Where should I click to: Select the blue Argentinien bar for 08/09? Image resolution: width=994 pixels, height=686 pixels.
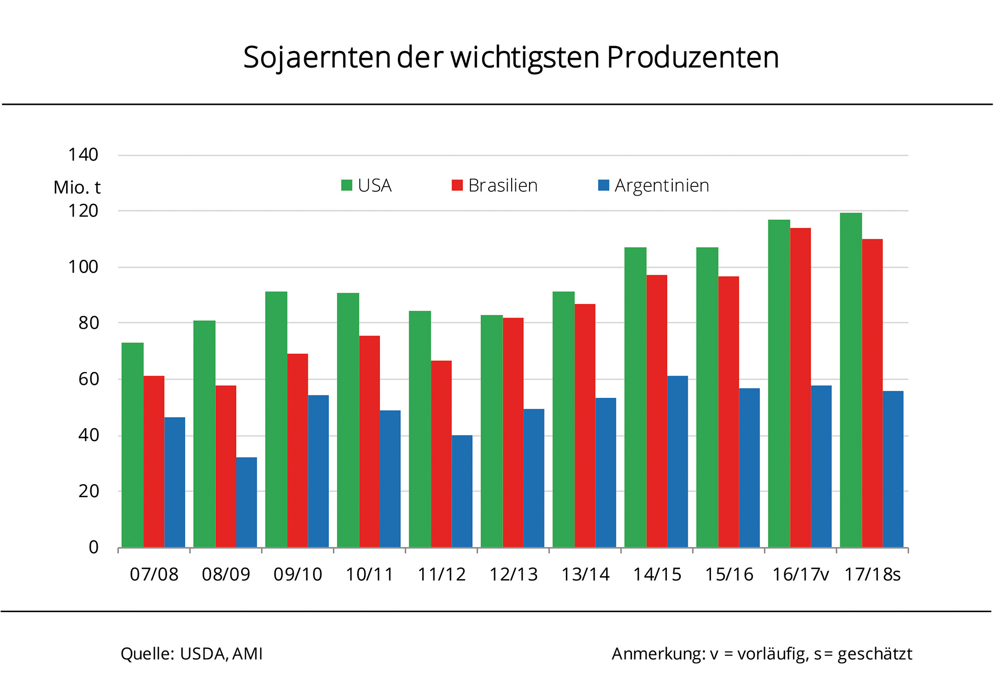(247, 502)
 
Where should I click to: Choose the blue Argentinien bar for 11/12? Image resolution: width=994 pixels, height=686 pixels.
(462, 491)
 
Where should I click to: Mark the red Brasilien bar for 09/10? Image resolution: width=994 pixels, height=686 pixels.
(298, 450)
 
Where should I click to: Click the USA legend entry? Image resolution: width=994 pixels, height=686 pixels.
(366, 185)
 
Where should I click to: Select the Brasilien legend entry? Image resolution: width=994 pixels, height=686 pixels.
(495, 185)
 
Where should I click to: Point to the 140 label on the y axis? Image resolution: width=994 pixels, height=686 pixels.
(83, 155)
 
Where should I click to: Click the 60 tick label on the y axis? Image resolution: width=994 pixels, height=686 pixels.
(88, 379)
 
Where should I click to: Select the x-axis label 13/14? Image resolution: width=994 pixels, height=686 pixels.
(585, 575)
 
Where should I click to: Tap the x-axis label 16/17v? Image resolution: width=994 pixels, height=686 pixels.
(801, 575)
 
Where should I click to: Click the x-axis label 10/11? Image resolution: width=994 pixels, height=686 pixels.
(369, 575)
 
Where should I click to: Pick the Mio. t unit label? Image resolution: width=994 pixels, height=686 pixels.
(77, 187)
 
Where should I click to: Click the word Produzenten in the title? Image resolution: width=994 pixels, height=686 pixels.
(693, 57)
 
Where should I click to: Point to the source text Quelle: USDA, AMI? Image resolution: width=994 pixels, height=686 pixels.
(191, 654)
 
